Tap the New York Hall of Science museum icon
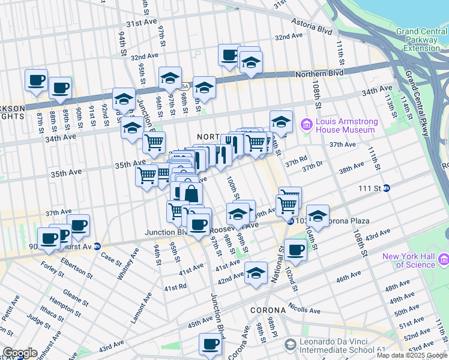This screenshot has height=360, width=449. tap(444, 259)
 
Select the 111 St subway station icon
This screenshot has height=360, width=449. tap(387, 188)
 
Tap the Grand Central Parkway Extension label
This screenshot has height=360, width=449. tap(421, 40)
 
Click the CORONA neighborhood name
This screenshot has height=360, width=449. tap(268, 310)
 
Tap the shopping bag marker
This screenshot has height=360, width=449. tap(191, 194)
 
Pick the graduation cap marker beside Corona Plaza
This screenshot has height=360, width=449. tap(318, 215)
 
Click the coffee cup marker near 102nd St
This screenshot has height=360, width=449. tap(295, 249)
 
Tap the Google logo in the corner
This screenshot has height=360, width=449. tap(20, 353)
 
